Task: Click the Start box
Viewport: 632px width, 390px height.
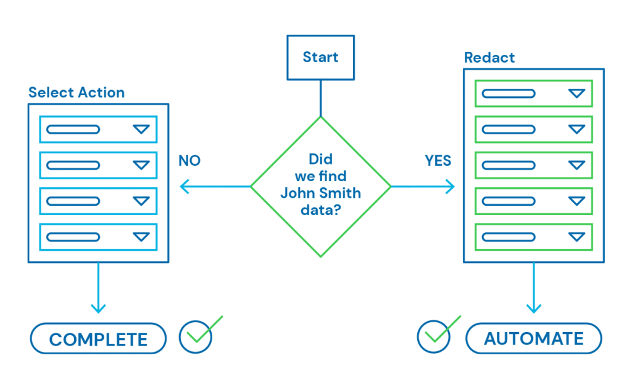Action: [320, 57]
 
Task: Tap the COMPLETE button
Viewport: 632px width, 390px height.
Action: [98, 338]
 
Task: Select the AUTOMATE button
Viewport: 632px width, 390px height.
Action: [533, 338]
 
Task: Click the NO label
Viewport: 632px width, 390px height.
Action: [189, 161]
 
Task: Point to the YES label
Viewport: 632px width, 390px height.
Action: [438, 161]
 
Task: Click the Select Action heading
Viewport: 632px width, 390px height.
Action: [77, 93]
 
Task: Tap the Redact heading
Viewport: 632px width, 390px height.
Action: [489, 59]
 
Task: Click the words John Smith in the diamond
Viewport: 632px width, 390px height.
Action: [320, 193]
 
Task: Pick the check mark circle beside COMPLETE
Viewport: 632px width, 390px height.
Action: [196, 335]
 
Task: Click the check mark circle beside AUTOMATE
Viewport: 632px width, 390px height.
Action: [434, 335]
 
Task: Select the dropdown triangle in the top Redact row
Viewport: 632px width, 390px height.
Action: [576, 94]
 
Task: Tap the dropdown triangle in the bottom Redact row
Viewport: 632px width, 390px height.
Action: [576, 237]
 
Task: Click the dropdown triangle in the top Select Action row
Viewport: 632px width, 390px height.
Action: [141, 129]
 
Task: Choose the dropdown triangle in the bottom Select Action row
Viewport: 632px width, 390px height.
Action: [141, 237]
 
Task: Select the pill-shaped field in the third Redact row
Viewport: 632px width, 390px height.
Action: [508, 165]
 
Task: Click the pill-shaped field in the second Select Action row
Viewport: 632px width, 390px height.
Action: [73, 165]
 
